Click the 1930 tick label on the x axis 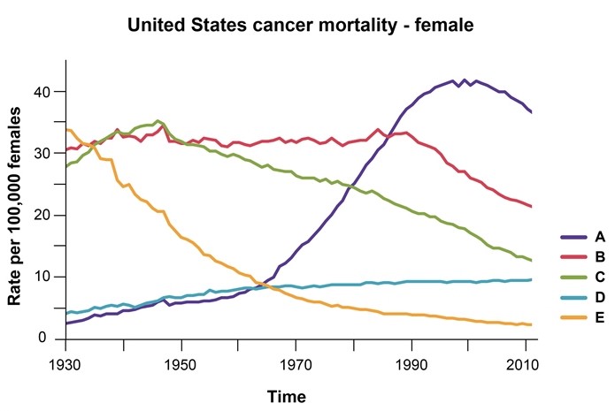tap(66, 364)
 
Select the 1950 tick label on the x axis tap(181, 364)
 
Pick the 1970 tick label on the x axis tap(296, 364)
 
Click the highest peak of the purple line tap(454, 80)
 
